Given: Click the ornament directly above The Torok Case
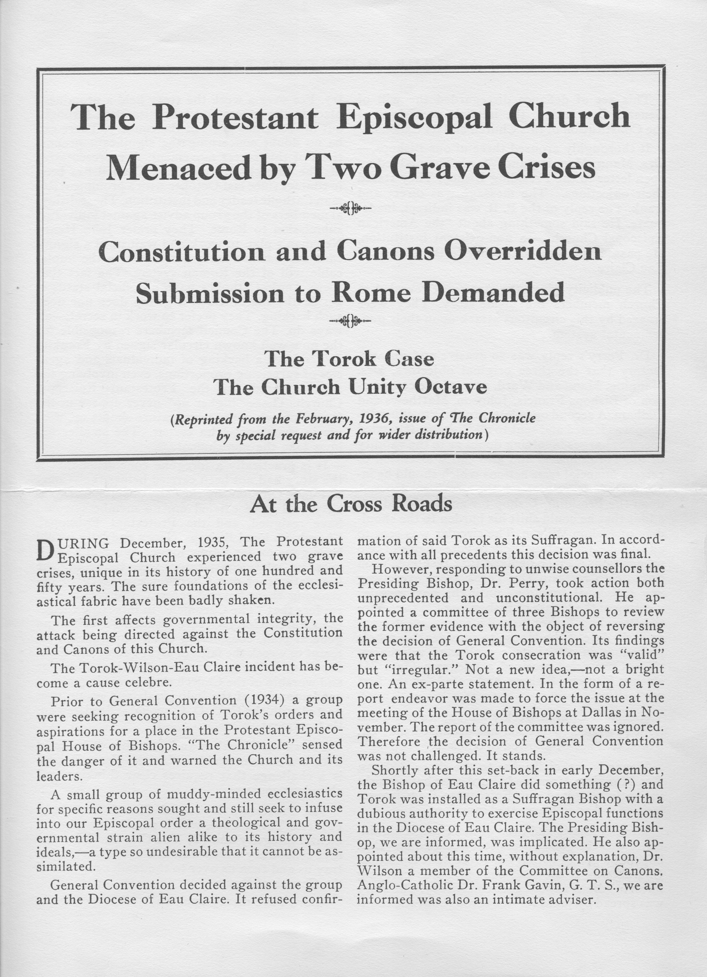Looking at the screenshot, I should click(350, 321).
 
